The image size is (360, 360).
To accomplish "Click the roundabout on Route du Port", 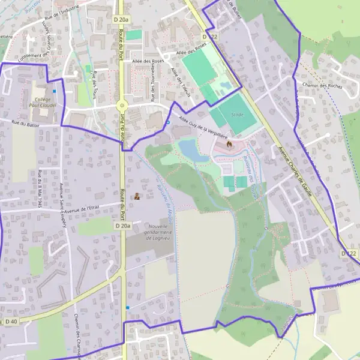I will [x=122, y=106].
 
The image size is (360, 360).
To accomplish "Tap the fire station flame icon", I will [x=229, y=144].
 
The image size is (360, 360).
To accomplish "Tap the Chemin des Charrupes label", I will [x=78, y=333].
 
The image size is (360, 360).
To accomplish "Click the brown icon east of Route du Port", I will [x=137, y=196].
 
